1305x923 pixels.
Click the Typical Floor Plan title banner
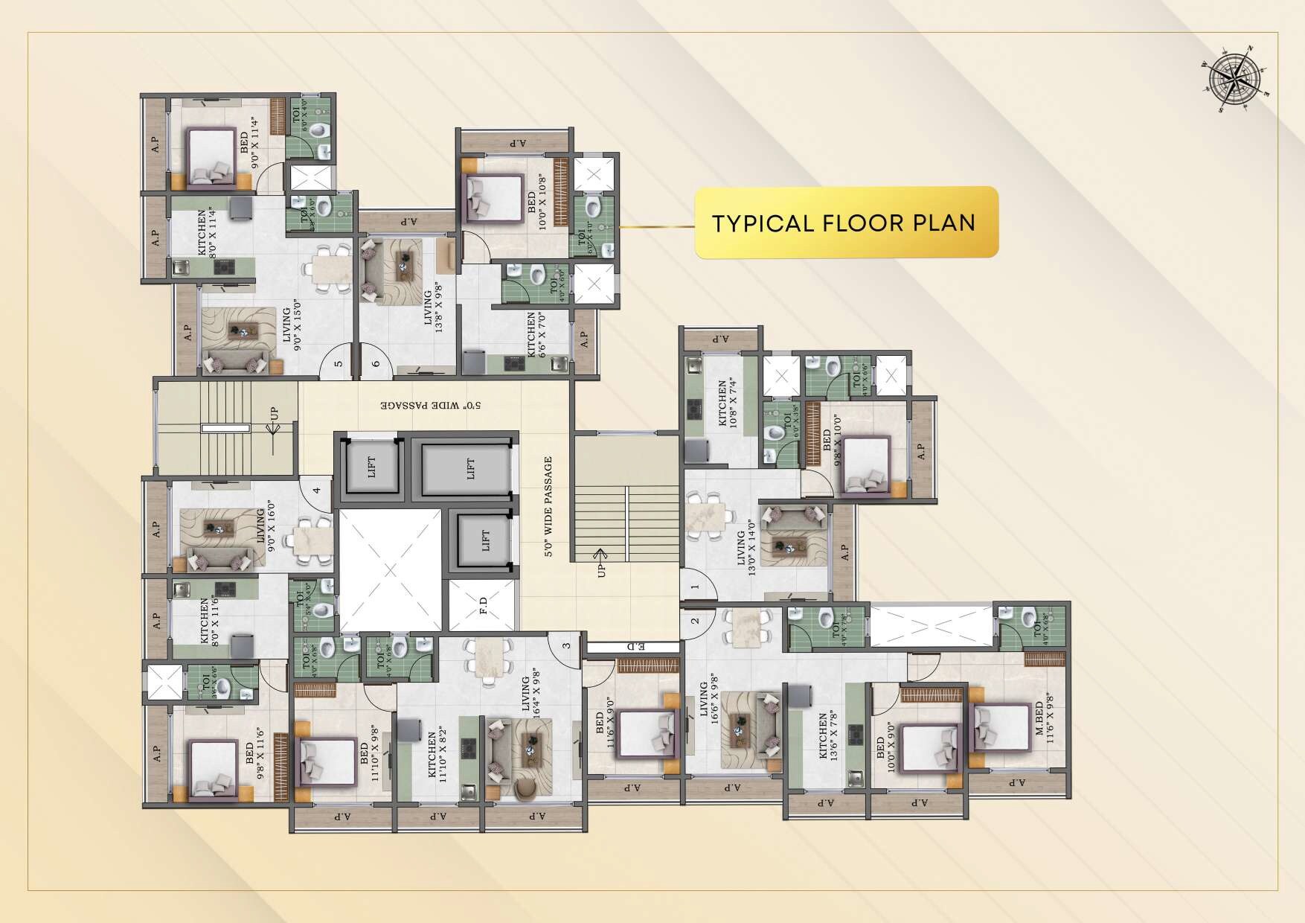click(x=846, y=223)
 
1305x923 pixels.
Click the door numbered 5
click(x=339, y=364)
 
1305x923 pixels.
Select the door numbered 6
click(x=376, y=364)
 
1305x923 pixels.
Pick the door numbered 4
click(x=317, y=491)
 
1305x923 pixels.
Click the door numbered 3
click(x=566, y=645)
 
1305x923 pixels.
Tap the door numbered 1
click(x=696, y=587)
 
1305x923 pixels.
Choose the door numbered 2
click(x=695, y=621)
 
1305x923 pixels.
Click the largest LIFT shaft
click(x=467, y=469)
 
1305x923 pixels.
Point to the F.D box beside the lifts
click(x=483, y=606)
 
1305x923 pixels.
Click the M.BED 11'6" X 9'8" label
click(x=1044, y=721)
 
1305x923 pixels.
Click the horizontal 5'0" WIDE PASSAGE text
click(x=432, y=406)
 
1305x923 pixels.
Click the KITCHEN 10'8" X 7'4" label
click(x=726, y=403)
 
